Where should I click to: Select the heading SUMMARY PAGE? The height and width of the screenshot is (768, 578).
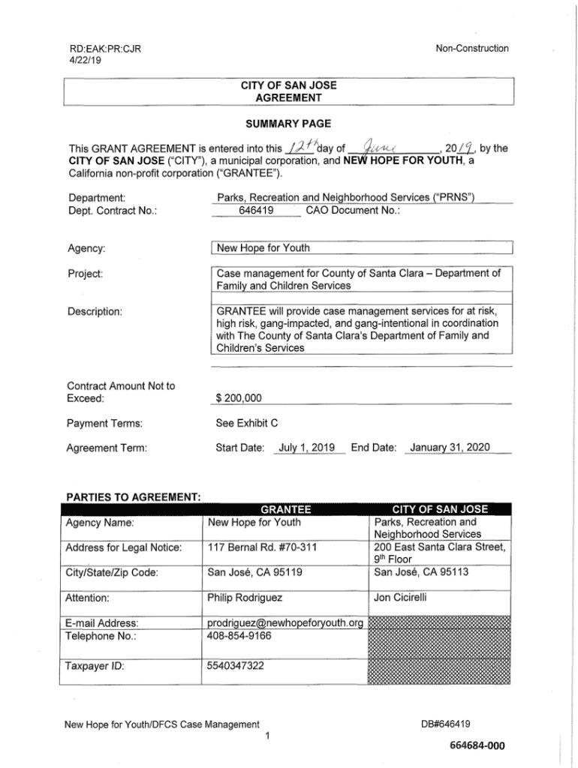pos(289,123)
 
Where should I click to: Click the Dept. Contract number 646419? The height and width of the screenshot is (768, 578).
pos(256,211)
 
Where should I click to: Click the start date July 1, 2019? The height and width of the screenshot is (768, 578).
pos(306,448)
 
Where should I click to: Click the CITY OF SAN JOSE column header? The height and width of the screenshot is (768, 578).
pos(440,509)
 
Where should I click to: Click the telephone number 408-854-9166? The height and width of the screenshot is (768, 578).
pos(239,636)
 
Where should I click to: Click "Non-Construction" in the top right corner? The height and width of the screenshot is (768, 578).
pos(472,49)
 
